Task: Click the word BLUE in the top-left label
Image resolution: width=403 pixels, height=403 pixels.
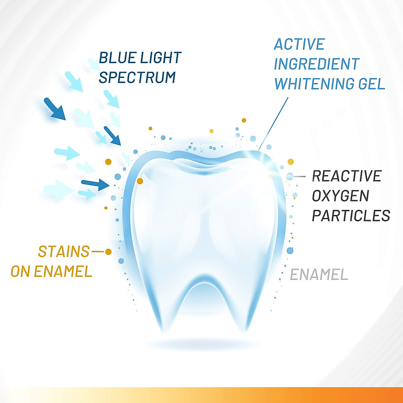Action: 117,58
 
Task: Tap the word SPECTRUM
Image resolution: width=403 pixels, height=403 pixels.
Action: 137,78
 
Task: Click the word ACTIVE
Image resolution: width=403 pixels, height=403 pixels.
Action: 299,44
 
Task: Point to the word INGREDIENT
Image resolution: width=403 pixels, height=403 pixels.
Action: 317,64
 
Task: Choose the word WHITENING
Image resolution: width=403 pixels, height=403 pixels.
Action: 314,84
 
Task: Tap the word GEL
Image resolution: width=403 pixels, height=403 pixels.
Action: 371,84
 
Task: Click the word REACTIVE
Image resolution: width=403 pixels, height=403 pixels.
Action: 347,176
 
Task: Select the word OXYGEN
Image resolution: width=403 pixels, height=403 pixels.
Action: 341,196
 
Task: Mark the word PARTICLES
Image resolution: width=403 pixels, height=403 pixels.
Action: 351,216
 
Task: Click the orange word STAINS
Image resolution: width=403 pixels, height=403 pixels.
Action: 64,252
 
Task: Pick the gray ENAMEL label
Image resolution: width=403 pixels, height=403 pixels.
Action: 319,275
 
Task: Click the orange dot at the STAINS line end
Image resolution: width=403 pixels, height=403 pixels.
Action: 108,252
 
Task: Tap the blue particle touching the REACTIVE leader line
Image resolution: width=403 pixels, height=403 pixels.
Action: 290,176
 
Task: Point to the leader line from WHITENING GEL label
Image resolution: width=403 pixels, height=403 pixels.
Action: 274,123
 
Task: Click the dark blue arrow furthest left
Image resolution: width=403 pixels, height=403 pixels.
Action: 54,108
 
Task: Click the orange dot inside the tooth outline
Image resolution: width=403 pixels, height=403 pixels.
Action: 140,181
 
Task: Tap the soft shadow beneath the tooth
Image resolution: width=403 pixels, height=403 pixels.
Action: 201,344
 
